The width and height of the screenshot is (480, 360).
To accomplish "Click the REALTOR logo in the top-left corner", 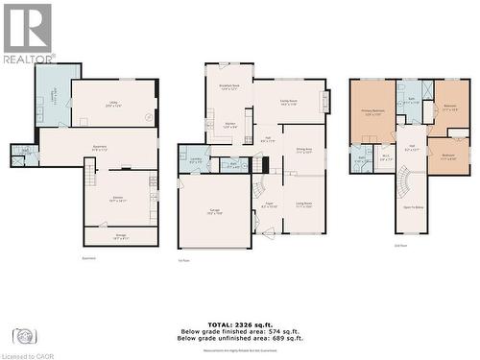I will (x=28, y=34).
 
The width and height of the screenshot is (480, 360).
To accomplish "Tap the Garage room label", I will (x=215, y=214).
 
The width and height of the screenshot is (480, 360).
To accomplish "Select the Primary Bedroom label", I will (x=372, y=113).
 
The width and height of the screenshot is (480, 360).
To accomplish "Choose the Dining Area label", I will (x=304, y=150).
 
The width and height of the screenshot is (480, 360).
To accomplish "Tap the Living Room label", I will (x=304, y=205).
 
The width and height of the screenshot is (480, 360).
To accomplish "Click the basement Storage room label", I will (x=120, y=237).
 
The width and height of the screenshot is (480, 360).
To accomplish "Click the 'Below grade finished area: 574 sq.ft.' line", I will (x=240, y=330).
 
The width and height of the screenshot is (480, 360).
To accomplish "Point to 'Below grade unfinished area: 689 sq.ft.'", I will (x=240, y=339).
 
